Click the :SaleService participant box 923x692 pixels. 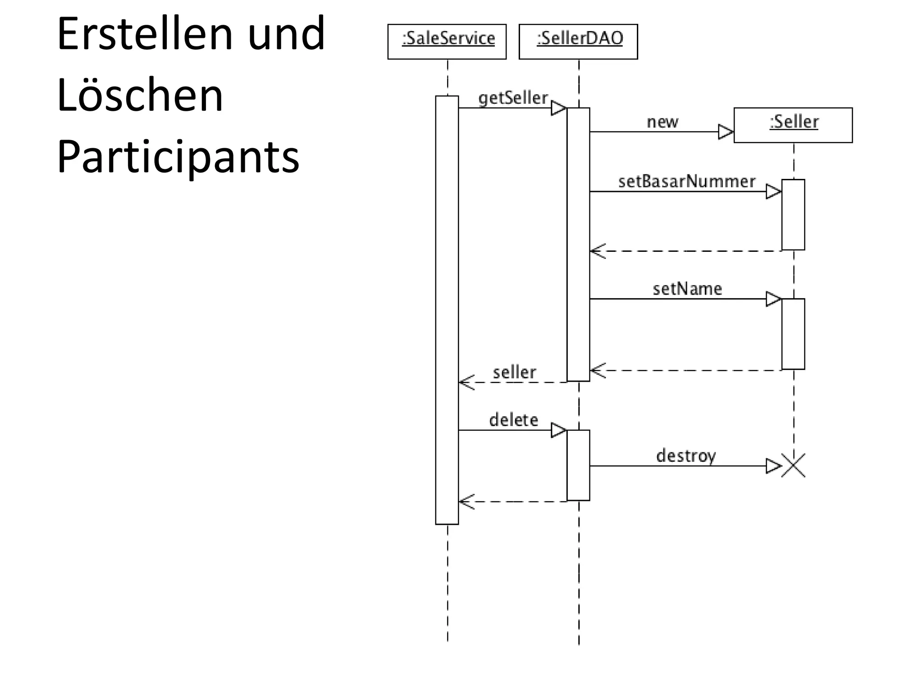(x=447, y=41)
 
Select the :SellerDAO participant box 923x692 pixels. (x=578, y=41)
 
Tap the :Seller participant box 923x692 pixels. (x=793, y=125)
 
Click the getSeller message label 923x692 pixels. (x=513, y=98)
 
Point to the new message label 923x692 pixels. (x=662, y=122)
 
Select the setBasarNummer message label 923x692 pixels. (x=686, y=182)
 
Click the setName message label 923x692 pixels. (x=687, y=289)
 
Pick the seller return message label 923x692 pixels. (x=514, y=373)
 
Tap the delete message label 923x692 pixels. (x=513, y=420)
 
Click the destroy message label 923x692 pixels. (x=685, y=456)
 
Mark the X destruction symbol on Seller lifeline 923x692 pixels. (x=793, y=466)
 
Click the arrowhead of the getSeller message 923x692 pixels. (x=559, y=109)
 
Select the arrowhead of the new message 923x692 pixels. (x=726, y=132)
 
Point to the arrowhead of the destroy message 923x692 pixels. (x=773, y=466)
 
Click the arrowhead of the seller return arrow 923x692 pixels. (x=466, y=382)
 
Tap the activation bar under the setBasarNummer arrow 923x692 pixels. (x=793, y=214)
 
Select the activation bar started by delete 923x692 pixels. (x=578, y=465)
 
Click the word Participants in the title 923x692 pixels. (x=178, y=157)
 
